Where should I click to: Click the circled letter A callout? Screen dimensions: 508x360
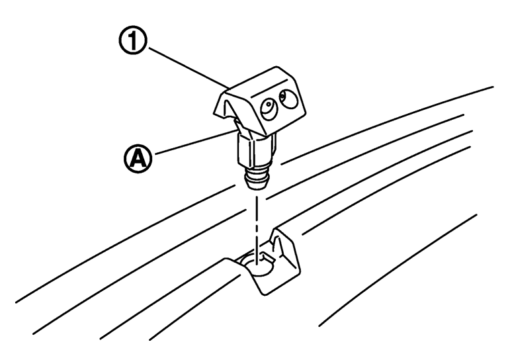138,158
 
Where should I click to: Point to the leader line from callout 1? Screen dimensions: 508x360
189,67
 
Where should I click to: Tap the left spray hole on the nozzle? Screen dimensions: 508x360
269,109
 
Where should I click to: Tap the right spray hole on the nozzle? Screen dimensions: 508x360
288,99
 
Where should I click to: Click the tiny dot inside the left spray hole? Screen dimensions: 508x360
269,104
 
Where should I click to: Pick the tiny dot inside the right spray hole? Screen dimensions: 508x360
282,95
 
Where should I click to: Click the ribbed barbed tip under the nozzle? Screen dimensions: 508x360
257,178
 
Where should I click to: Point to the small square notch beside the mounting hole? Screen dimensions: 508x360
269,258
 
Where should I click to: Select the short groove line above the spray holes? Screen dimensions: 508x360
269,87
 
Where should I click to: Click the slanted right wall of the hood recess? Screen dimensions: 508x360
286,249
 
